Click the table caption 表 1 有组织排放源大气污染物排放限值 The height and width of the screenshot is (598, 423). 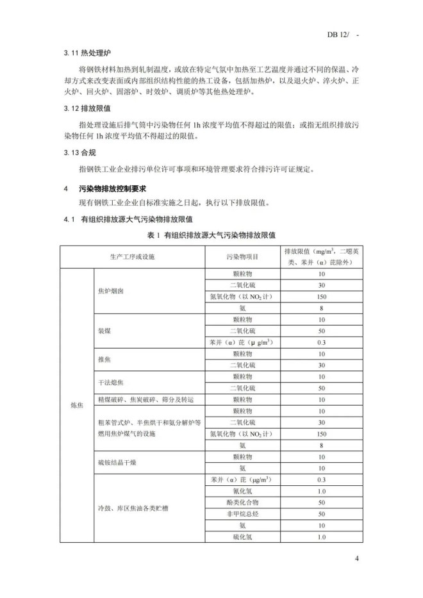[211, 235]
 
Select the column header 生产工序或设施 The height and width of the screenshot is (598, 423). [131, 256]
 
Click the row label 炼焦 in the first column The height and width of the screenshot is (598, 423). [76, 405]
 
